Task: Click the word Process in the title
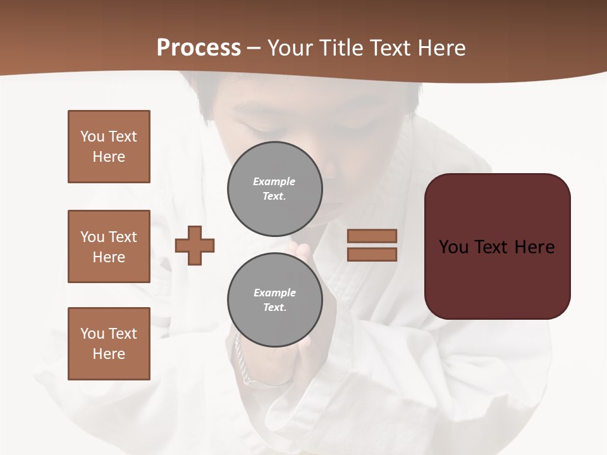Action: coord(199,48)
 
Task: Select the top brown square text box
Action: coord(109,147)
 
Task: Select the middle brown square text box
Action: coord(109,246)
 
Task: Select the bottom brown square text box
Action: coord(109,344)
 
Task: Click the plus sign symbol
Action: coord(195,245)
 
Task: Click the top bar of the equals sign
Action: coord(372,236)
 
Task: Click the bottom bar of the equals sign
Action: coord(372,255)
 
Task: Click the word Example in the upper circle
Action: coord(274,181)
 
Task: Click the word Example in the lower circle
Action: coord(274,293)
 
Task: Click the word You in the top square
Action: coord(92,136)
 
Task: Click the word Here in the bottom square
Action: coord(109,354)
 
